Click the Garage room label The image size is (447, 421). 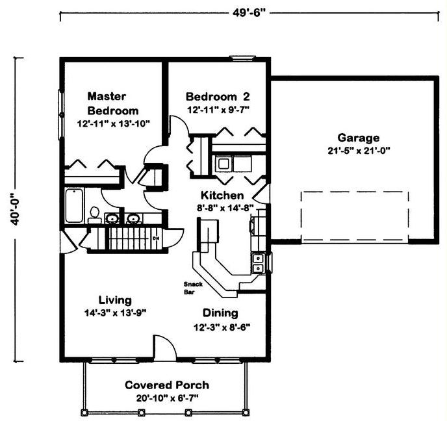point(359,138)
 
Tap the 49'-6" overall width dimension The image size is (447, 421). point(249,13)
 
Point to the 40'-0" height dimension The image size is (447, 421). point(14,209)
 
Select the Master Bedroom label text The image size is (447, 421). point(113,103)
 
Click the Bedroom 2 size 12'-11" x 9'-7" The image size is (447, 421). point(218,110)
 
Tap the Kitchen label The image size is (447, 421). point(222,196)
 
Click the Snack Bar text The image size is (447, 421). point(193,288)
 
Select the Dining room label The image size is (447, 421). point(220,313)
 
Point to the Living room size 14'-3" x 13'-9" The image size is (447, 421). point(115,313)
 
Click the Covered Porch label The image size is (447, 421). point(167,385)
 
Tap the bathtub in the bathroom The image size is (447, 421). point(74,205)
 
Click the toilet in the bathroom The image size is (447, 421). point(94,214)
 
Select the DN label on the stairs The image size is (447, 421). point(156,238)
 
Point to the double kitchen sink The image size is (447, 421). point(259,264)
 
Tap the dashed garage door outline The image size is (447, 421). point(355,216)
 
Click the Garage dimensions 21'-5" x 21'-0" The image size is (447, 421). point(359,151)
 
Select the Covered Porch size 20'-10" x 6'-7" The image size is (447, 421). point(167,398)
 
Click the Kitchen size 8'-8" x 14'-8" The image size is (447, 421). point(225,208)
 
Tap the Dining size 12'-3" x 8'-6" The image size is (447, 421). point(222,327)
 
